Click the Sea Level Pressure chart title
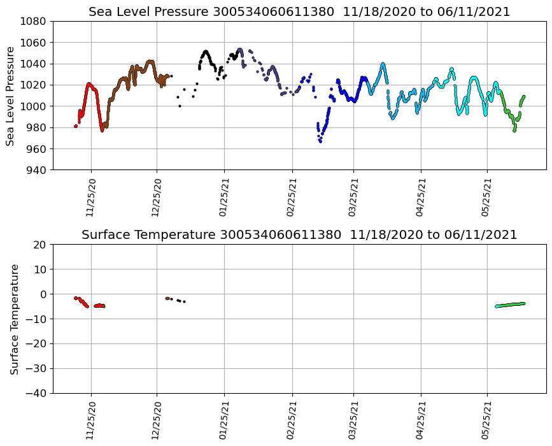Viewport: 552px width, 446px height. coord(299,11)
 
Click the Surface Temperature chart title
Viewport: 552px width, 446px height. coord(299,235)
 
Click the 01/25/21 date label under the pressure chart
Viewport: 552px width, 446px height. coord(223,197)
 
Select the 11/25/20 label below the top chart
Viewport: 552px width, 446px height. coord(90,197)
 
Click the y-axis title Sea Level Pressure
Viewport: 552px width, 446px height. coord(11,96)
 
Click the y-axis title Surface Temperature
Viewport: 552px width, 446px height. coord(14,319)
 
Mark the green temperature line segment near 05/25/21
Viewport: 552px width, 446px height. coord(510,305)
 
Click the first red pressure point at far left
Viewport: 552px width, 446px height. coord(76,126)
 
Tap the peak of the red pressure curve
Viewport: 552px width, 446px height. coord(89,84)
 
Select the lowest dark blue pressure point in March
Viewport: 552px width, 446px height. coord(320,141)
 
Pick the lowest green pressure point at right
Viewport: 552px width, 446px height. coord(514,131)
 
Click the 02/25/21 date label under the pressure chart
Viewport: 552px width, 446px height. coord(292,197)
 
